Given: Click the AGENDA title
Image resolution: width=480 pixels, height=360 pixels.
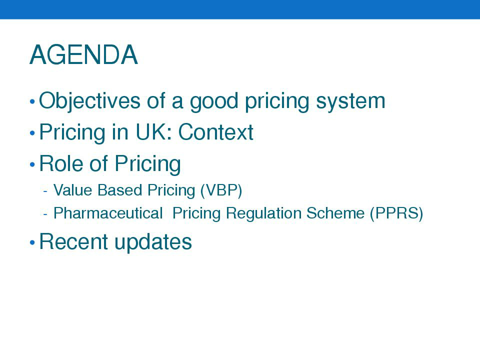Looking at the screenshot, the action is [x=83, y=55].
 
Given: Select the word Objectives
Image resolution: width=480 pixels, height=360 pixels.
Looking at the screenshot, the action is [x=89, y=101].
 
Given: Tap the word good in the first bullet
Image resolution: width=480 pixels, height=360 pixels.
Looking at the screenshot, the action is [x=214, y=102].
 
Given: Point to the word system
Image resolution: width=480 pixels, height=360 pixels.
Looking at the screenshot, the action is [x=350, y=102].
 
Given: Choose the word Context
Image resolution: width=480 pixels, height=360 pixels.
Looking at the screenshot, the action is [x=216, y=132].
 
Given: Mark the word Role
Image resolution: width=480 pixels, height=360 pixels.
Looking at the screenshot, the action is [x=61, y=163].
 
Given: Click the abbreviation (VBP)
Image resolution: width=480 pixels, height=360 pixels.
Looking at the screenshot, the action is [x=221, y=190].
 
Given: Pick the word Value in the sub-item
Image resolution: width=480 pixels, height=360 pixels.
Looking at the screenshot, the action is [x=73, y=190].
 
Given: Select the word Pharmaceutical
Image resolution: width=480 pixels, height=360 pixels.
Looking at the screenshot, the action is [x=108, y=213].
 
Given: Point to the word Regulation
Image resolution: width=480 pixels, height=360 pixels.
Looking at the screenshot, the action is [x=264, y=213].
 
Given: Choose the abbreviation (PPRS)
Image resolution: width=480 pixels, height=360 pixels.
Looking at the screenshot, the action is [x=396, y=213].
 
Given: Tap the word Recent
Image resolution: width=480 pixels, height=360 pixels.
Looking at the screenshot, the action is [x=73, y=241].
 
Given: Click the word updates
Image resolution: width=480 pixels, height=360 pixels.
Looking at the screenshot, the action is [x=153, y=242].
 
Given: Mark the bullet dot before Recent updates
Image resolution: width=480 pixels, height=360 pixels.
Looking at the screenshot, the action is [x=32, y=242].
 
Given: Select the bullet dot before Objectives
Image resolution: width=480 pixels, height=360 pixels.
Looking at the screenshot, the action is [x=32, y=101].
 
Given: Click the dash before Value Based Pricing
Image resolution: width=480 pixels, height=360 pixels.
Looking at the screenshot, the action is [x=45, y=191].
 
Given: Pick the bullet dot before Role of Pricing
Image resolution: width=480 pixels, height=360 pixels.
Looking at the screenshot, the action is [x=32, y=164].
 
